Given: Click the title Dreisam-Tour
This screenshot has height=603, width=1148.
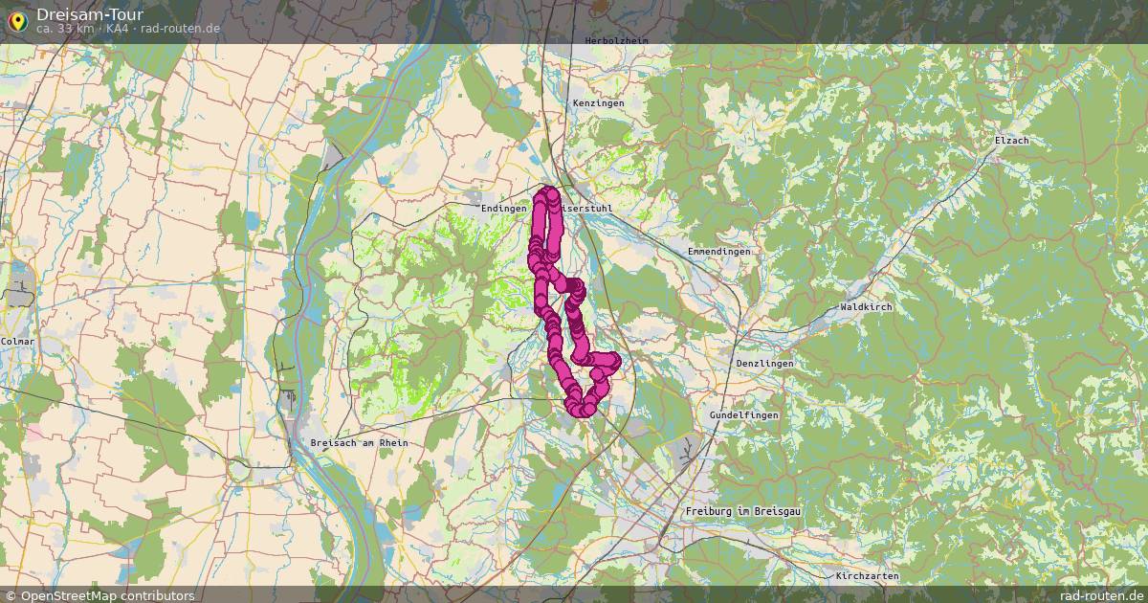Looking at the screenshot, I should (x=90, y=13).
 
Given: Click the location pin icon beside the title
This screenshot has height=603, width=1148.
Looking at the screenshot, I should (x=18, y=20).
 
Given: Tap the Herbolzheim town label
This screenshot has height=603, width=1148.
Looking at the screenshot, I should (x=616, y=41).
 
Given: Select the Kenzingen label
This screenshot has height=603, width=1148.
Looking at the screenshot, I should (x=598, y=102).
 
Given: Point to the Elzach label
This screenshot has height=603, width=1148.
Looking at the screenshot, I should (x=1011, y=141).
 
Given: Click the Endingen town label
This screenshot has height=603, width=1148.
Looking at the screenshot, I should (x=504, y=208).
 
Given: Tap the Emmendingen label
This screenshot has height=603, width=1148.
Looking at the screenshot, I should (x=718, y=251).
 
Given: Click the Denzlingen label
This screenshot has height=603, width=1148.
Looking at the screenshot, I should (x=765, y=365).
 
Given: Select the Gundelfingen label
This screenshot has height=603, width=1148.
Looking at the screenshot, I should (x=743, y=415).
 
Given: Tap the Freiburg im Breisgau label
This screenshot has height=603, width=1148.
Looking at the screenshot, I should (x=742, y=512).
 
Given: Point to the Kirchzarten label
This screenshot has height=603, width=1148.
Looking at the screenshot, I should (x=867, y=576).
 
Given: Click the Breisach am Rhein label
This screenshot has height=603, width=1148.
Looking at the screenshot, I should (x=360, y=442).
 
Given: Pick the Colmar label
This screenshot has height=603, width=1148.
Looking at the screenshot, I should (x=17, y=341).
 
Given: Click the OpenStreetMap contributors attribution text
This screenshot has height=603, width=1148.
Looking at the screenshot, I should (x=107, y=595).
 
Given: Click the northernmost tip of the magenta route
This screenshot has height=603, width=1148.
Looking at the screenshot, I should (x=551, y=192).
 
